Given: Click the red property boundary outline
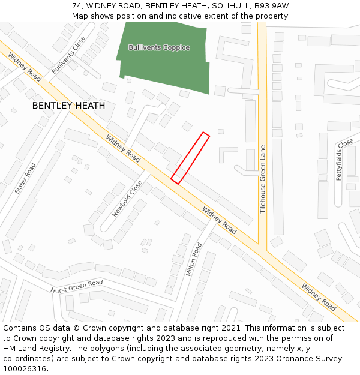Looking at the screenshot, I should tap(190, 158).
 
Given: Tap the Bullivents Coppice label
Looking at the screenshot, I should tap(159, 47).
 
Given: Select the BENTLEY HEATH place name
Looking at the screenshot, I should tap(68, 106).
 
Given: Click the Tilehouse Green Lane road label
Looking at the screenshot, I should tap(263, 179).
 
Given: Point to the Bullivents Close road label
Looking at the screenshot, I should tap(68, 55).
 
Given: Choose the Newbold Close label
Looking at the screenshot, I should tap(127, 199).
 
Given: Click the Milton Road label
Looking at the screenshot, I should tap(194, 259).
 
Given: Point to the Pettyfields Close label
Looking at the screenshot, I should tap(345, 160).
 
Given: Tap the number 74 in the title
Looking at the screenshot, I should tap(77, 5).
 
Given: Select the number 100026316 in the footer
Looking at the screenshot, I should tap(26, 369).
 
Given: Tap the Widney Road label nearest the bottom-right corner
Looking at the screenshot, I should tap(319, 296).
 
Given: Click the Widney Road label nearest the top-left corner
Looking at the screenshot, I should tap(25, 67).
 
